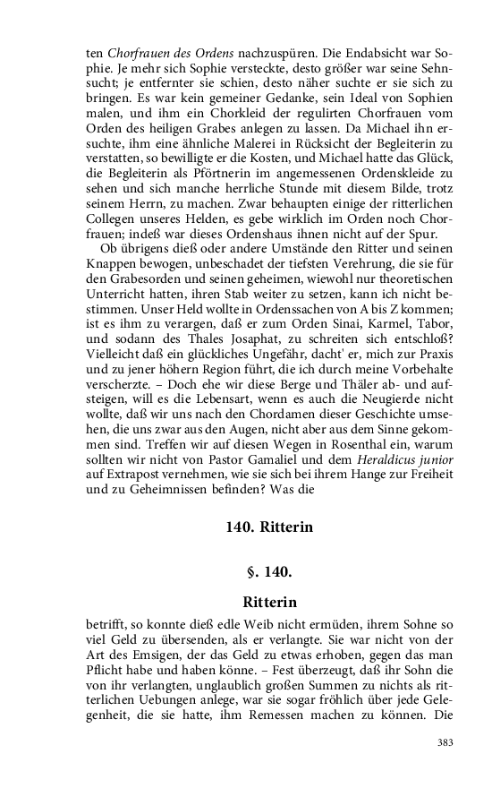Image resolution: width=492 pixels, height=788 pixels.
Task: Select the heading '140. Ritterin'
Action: click(269, 527)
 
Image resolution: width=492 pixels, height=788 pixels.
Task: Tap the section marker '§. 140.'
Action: click(269, 570)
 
